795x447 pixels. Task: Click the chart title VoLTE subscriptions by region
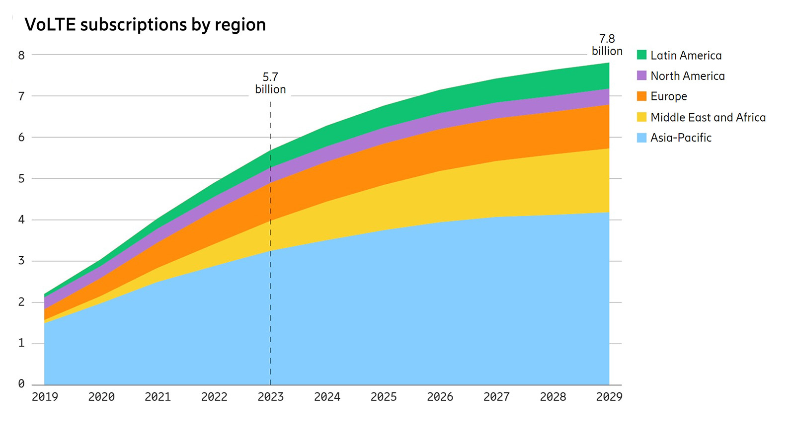pos(145,24)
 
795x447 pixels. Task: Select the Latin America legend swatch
pos(641,55)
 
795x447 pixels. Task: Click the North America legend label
pos(687,76)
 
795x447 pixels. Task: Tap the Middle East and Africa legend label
pos(708,117)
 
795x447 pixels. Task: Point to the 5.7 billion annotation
pos(270,83)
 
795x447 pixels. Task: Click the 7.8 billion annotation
pos(607,45)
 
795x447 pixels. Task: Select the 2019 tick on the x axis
pos(45,397)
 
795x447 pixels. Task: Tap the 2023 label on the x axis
pos(270,397)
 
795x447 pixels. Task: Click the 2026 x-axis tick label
pos(440,397)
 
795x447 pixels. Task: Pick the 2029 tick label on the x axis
pos(609,397)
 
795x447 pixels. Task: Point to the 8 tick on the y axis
pos(21,55)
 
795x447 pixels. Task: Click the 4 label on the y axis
pos(21,220)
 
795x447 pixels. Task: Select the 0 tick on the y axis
pos(21,384)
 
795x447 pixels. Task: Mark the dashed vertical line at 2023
pos(270,298)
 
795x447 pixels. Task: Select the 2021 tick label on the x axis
pos(158,397)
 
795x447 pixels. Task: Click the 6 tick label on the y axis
pos(21,138)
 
